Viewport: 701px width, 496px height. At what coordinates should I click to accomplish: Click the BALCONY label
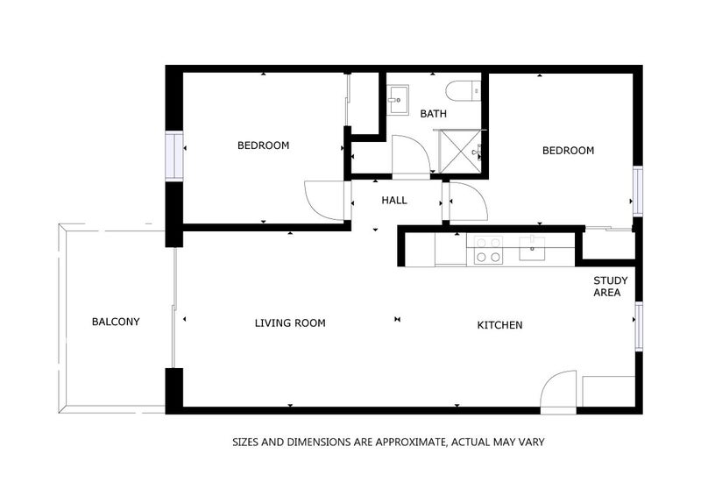pyautogui.click(x=116, y=322)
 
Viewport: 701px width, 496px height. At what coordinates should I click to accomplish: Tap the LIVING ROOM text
pyautogui.click(x=290, y=323)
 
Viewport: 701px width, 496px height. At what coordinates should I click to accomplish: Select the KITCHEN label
pyautogui.click(x=499, y=325)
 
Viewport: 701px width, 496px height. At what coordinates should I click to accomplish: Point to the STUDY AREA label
pyautogui.click(x=607, y=287)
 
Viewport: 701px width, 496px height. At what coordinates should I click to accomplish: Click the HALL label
pyautogui.click(x=394, y=201)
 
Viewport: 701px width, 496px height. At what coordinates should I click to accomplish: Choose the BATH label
pyautogui.click(x=433, y=114)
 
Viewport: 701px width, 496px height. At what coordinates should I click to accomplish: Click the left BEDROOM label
pyautogui.click(x=263, y=145)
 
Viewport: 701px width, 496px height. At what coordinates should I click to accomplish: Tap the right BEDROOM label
pyautogui.click(x=568, y=151)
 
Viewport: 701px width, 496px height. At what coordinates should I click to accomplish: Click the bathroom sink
pyautogui.click(x=399, y=99)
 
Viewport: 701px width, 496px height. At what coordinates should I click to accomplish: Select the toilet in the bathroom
pyautogui.click(x=461, y=89)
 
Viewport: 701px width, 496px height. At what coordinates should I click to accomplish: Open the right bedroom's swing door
pyautogui.click(x=466, y=203)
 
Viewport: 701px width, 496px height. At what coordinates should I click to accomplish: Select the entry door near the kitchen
pyautogui.click(x=557, y=393)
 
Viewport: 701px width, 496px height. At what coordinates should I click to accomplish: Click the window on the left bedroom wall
pyautogui.click(x=174, y=156)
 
